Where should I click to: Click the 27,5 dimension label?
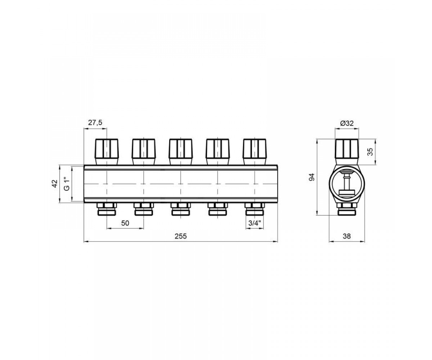95,122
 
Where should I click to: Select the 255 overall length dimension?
181,236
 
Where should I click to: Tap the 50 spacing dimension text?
125,223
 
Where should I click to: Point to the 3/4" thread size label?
255,223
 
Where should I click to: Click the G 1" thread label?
67,184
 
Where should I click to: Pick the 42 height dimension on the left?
55,184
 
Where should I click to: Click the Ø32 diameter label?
347,123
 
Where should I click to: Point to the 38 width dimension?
347,236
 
